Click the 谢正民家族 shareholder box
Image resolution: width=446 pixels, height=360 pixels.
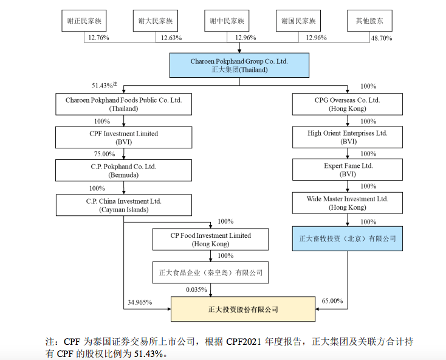[x=84, y=21]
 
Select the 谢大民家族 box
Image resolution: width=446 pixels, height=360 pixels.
[x=156, y=21]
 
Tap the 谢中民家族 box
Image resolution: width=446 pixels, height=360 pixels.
[x=227, y=21]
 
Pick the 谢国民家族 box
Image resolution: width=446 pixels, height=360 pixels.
[x=298, y=21]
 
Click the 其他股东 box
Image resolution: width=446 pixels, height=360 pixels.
[x=369, y=21]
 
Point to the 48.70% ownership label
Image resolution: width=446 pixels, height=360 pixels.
[x=382, y=38]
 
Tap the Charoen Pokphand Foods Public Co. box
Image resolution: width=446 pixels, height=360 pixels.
[x=123, y=104]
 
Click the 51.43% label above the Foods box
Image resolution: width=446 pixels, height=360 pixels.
[x=103, y=86]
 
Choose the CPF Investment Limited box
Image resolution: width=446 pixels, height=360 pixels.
[x=123, y=137]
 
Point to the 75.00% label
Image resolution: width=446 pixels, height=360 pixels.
[x=104, y=154]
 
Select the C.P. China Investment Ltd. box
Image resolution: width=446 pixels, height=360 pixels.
[x=123, y=205]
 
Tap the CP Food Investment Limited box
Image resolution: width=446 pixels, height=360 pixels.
[x=210, y=240]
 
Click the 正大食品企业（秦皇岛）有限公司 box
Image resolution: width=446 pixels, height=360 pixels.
[x=210, y=272]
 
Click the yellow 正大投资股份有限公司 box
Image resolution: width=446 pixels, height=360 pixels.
[x=243, y=310]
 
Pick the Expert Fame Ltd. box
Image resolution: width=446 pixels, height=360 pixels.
[x=348, y=170]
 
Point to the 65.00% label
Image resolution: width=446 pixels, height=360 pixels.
[x=332, y=301]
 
